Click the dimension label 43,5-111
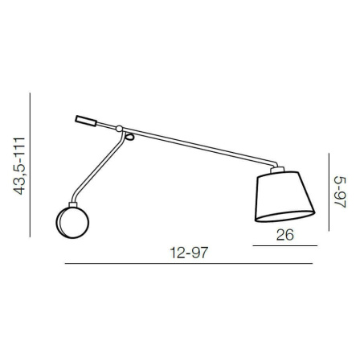[x=19, y=166]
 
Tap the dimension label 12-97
[x=189, y=253]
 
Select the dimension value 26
[x=285, y=235]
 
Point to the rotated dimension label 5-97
[x=341, y=192]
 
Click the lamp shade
[x=284, y=196]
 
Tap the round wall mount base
[x=72, y=222]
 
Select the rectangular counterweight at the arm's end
[x=86, y=121]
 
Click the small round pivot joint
[x=119, y=129]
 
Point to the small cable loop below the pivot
[x=129, y=138]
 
